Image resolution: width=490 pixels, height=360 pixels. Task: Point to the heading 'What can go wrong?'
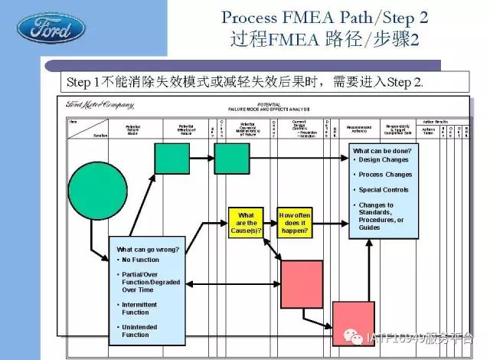tap(148, 250)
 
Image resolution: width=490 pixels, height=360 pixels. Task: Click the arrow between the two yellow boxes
tap(269, 222)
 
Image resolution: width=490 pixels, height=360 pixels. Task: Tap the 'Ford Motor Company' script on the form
tap(100, 105)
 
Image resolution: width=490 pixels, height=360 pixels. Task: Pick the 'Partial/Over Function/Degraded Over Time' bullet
tap(151, 282)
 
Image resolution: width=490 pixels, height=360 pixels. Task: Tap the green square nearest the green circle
tap(171, 159)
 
